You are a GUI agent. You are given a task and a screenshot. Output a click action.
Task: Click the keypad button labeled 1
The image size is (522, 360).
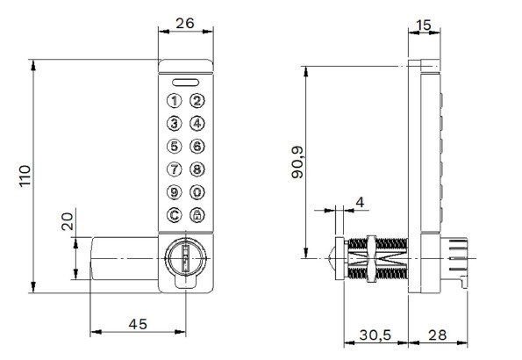[x=175, y=101]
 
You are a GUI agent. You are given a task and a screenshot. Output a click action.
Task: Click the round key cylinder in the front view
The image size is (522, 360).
[x=185, y=258]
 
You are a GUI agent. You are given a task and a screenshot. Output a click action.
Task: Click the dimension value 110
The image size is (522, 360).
[x=24, y=176]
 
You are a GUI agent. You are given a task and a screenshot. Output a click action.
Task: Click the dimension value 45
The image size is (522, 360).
[x=137, y=324]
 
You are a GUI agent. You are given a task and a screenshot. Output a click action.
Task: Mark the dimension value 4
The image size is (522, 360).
[x=358, y=202]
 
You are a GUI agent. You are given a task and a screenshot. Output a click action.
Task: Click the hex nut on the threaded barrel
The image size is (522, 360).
[x=372, y=259]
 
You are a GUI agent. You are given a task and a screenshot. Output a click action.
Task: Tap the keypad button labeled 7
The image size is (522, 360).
[x=175, y=169]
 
